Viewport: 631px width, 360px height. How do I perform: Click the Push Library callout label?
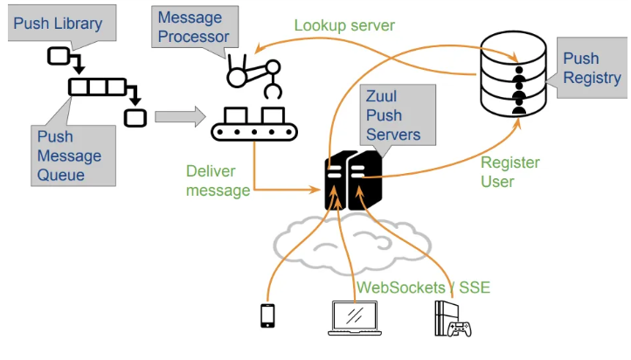tap(57, 24)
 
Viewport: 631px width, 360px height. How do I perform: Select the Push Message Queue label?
tap(69, 156)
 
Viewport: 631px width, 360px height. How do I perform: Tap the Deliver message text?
tap(218, 181)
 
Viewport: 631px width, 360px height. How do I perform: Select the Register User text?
tap(510, 172)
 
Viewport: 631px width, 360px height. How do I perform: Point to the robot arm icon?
tap(253, 73)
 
